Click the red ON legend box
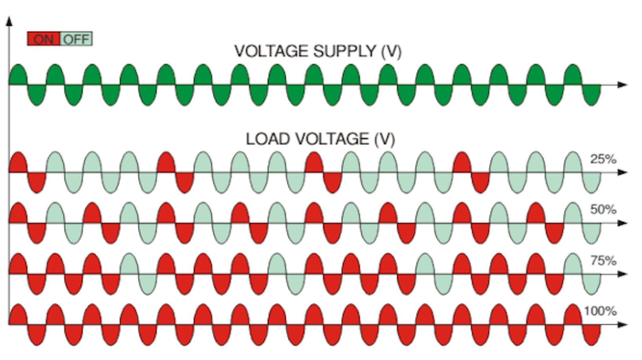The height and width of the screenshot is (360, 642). [x=43, y=39]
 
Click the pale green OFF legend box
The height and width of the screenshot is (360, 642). [x=76, y=39]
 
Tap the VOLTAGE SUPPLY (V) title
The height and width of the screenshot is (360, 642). [x=317, y=51]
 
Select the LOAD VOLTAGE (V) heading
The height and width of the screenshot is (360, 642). [x=320, y=139]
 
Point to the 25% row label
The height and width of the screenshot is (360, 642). [x=603, y=159]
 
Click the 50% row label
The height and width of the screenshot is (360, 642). [x=603, y=209]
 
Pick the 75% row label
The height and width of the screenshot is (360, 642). [x=603, y=261]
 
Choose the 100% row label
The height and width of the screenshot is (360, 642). [x=600, y=311]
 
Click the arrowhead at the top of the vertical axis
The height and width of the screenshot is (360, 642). [x=9, y=21]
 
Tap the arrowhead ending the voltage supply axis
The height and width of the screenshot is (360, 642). [x=622, y=84]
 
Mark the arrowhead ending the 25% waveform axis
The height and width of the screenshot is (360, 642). [x=622, y=172]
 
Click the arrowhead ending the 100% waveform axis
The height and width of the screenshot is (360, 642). [x=622, y=324]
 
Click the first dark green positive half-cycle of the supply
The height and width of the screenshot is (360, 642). [x=18, y=75]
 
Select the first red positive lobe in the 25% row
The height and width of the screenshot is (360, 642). [x=18, y=163]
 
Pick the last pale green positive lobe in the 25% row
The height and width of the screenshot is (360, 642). [x=572, y=163]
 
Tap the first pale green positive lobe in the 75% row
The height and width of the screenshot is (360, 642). [x=129, y=264]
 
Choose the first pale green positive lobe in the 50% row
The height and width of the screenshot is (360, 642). [x=55, y=213]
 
